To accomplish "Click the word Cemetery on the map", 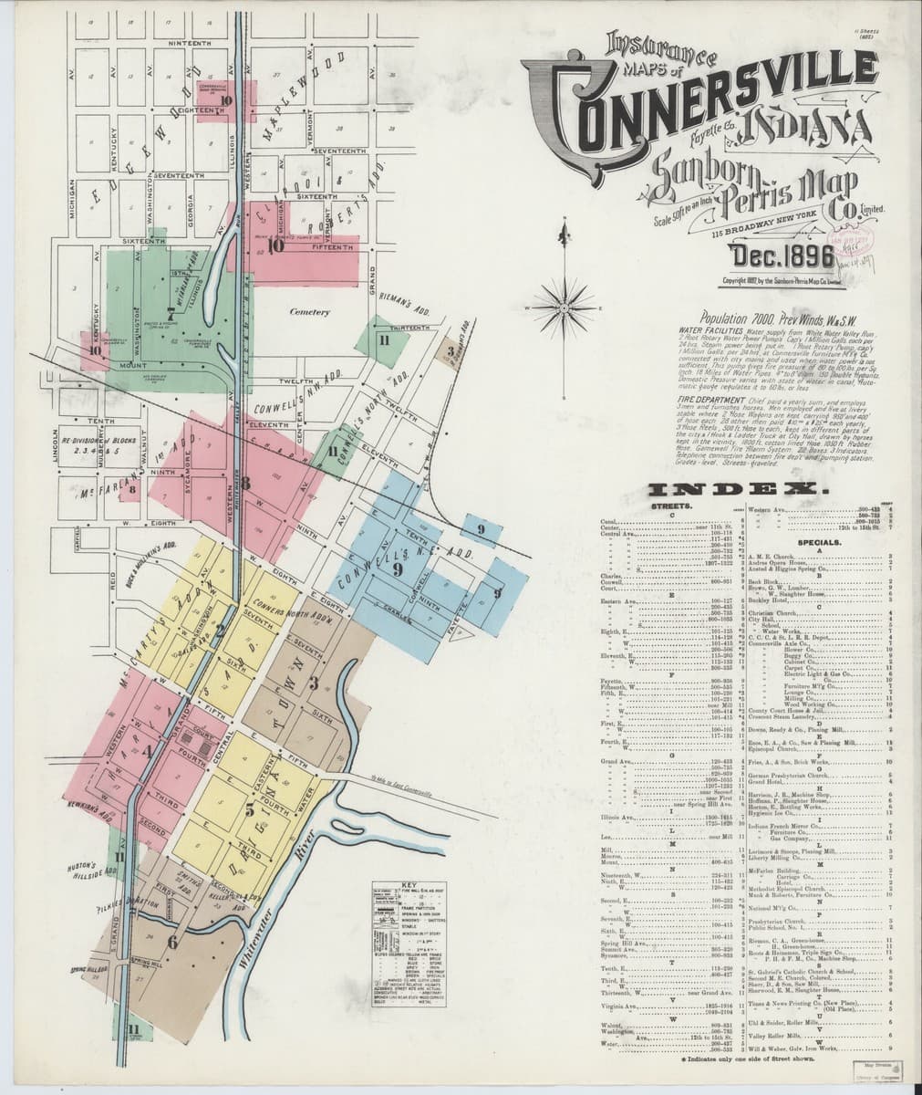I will point(308,312).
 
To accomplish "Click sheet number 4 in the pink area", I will point(146,751).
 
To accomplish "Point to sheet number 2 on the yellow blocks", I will point(219,629).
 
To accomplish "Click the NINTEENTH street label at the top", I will point(190,43).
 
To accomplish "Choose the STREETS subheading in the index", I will point(668,505).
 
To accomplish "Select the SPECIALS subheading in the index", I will point(818,540).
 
